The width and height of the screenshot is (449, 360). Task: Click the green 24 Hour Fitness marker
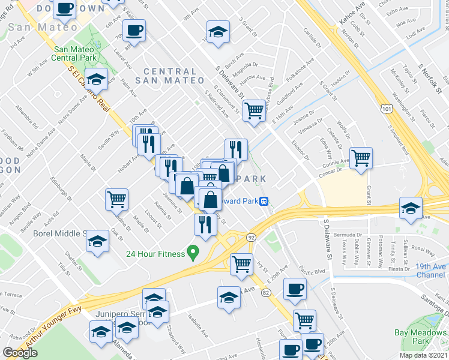point(193,253)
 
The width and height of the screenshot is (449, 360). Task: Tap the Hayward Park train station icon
point(264,202)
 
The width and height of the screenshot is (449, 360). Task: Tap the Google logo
point(20,352)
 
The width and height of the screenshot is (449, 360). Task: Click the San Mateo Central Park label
point(76,55)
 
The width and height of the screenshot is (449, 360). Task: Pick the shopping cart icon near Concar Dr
point(361,158)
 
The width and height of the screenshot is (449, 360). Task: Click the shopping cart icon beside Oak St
point(117,199)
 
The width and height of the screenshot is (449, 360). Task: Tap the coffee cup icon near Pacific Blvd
point(294,289)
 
